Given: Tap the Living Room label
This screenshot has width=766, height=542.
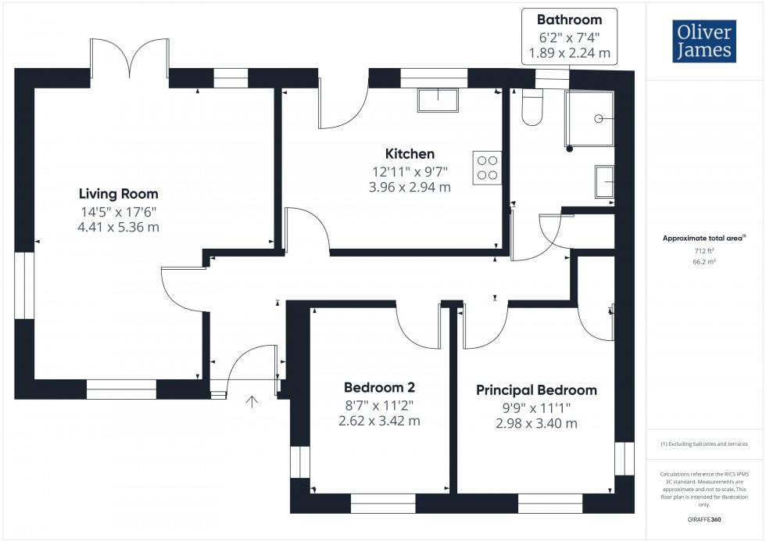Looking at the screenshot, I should (x=118, y=194).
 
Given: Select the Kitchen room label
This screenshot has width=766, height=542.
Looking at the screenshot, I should (x=410, y=154).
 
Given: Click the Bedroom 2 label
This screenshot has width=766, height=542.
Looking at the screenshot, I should (x=379, y=387).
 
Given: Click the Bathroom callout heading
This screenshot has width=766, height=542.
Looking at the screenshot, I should (x=569, y=20).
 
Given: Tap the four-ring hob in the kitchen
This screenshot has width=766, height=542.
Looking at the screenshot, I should (x=487, y=167).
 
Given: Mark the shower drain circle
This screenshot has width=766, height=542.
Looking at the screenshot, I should (x=600, y=119).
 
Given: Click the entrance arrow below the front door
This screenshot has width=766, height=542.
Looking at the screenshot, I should (x=252, y=402).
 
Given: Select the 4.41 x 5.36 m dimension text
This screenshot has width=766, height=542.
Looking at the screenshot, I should (x=118, y=228).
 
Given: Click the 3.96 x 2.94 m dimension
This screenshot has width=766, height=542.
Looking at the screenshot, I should (x=410, y=188).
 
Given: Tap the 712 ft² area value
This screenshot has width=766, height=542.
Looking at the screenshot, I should (x=705, y=251).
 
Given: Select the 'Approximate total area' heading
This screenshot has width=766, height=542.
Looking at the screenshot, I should (x=703, y=239).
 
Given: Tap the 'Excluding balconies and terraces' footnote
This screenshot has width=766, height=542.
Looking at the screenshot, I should (x=705, y=443).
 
